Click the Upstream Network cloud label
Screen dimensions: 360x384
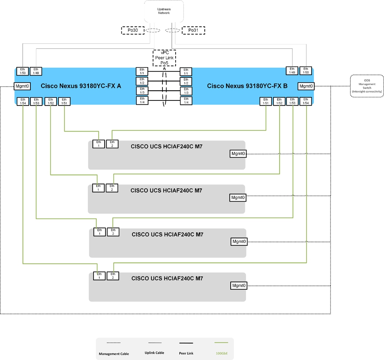point(164,11)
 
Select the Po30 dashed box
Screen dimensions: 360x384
point(132,30)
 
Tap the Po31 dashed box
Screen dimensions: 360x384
point(193,30)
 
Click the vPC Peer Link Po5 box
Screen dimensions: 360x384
point(164,58)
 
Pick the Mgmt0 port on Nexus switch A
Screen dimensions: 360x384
point(22,86)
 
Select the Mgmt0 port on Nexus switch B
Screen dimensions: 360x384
point(306,86)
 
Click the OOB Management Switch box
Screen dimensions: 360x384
point(367,86)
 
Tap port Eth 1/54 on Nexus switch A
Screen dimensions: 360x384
point(23,102)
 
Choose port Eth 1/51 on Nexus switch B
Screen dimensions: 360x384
point(266,102)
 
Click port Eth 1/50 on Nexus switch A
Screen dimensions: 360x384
point(23,71)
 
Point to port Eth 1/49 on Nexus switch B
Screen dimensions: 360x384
point(292,71)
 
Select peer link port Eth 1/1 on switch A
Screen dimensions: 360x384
point(142,71)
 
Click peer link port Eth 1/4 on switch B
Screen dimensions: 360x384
point(186,100)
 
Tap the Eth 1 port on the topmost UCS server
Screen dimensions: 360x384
point(98,144)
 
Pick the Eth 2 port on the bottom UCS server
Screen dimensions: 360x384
point(113,276)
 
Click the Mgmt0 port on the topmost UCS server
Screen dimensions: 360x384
point(238,154)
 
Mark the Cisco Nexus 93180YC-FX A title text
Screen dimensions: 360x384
point(81,86)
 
